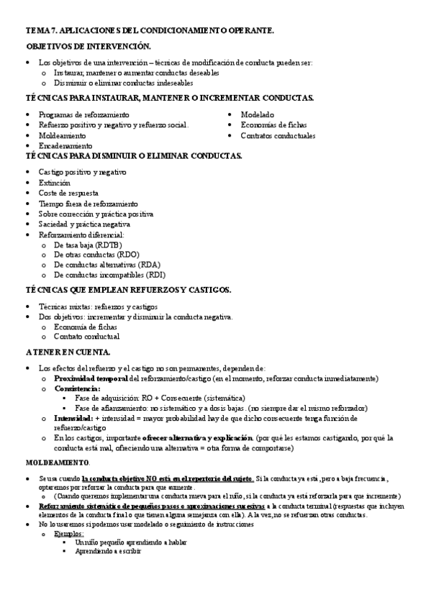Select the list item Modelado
[257, 114]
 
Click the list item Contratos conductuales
[278, 136]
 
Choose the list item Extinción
[55, 183]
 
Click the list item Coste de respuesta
[68, 194]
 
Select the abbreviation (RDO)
[125, 255]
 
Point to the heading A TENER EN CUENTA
[68, 352]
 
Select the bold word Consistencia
[77, 388]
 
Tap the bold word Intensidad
[73, 418]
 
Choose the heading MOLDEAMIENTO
[58, 461]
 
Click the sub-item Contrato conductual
[86, 337]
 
